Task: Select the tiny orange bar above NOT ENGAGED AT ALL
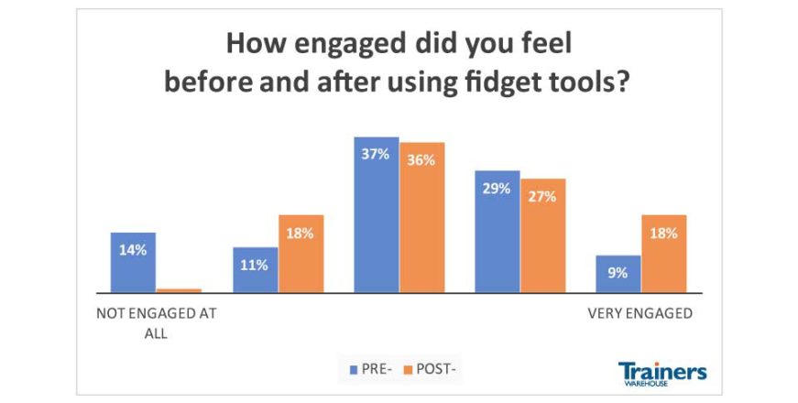click(x=178, y=290)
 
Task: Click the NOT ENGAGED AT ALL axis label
click(x=156, y=321)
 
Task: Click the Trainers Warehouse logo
click(x=662, y=374)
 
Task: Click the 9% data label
click(x=618, y=272)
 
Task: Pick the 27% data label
click(x=542, y=196)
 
